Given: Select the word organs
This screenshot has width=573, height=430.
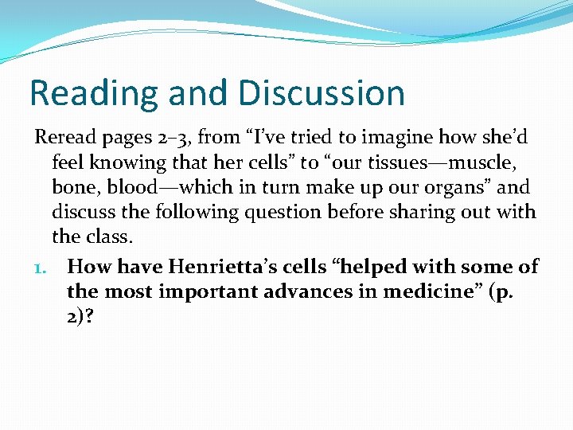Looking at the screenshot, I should pos(450,189).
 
